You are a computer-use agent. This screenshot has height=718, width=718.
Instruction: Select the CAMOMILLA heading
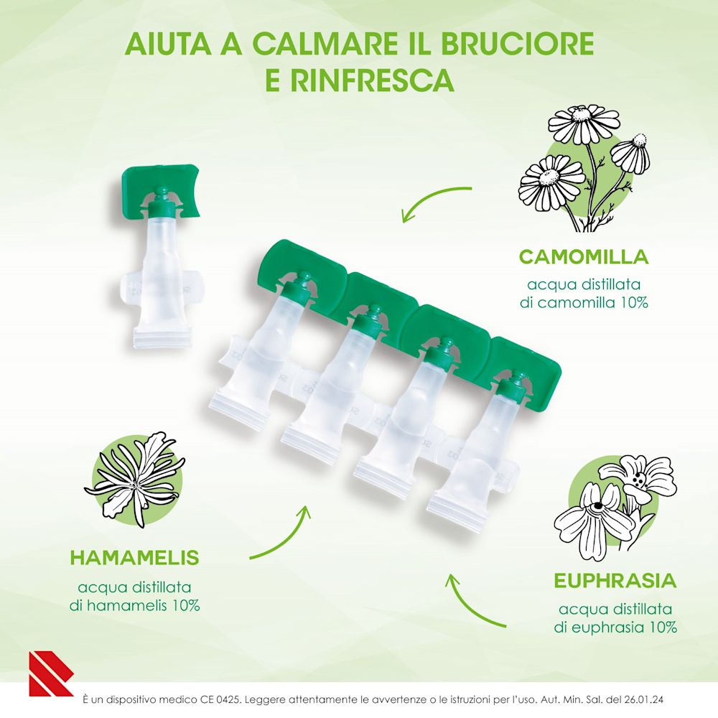[x=584, y=256]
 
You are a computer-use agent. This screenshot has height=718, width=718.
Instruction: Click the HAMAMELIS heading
[x=134, y=558]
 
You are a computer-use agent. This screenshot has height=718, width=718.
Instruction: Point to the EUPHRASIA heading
[x=615, y=580]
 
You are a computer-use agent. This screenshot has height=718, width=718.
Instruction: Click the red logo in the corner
[x=50, y=674]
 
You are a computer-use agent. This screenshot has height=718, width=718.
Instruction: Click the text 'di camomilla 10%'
[x=584, y=302]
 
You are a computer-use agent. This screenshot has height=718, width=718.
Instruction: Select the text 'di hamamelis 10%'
[x=134, y=605]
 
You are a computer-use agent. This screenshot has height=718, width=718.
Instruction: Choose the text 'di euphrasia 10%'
[x=615, y=627]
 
